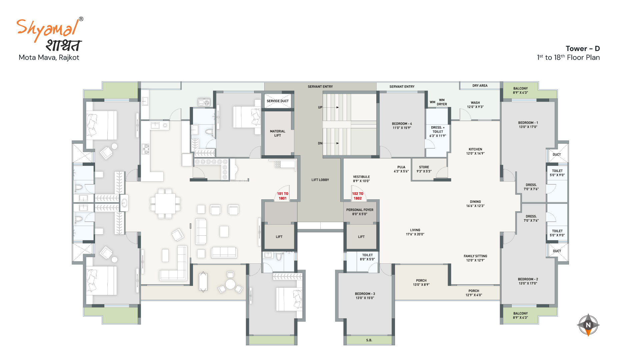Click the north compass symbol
[588, 325]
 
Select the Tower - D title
[583, 49]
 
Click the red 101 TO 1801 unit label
[282, 196]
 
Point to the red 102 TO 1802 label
[358, 196]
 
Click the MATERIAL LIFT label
[278, 133]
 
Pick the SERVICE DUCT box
[278, 101]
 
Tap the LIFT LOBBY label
[320, 180]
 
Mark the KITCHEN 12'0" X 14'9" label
[475, 151]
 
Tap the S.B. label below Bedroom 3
[369, 340]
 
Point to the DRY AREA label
[480, 86]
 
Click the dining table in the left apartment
[165, 204]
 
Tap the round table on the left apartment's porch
[230, 284]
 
